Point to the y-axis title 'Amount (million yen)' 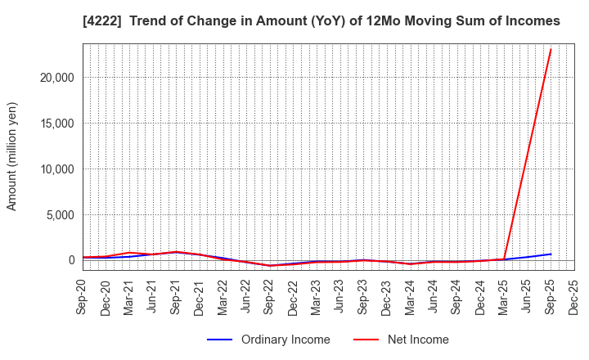tap(12, 156)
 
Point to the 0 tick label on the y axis tap(70, 261)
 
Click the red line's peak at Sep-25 tap(551, 49)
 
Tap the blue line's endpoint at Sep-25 tap(551, 254)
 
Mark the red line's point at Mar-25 tap(504, 259)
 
